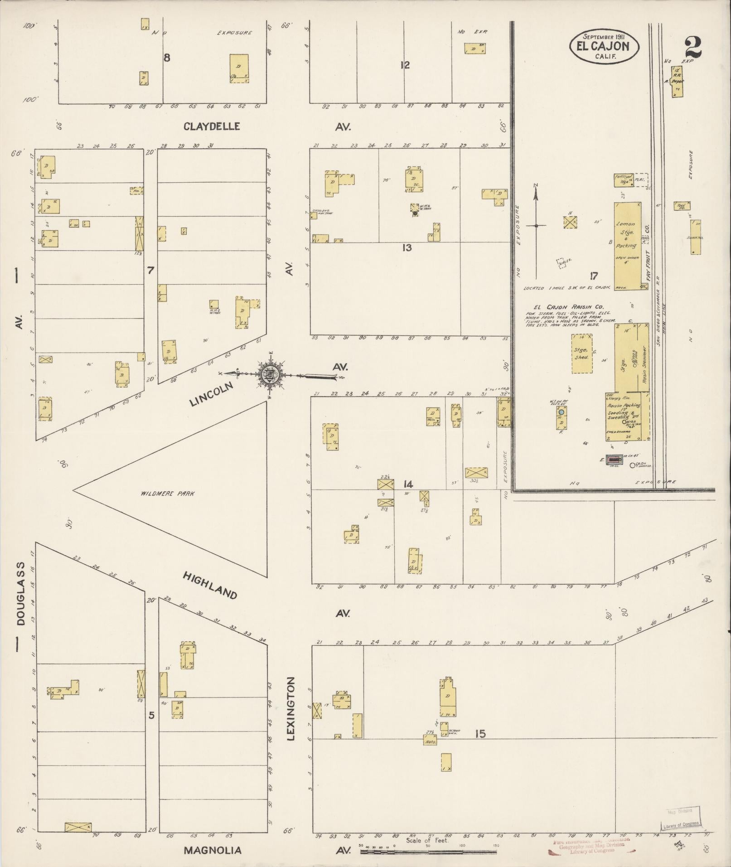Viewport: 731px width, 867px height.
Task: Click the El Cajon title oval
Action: [x=605, y=46]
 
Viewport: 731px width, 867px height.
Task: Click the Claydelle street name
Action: [x=212, y=126]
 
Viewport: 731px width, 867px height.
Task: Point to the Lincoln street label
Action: [x=211, y=393]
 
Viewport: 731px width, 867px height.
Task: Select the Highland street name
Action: [x=210, y=585]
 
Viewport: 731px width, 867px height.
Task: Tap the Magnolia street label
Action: [x=212, y=850]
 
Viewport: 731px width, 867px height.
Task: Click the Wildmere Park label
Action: [x=167, y=494]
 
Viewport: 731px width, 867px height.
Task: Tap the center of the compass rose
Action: [x=268, y=374]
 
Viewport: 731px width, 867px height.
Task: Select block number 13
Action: [x=407, y=247]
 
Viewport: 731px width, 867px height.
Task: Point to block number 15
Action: [x=480, y=733]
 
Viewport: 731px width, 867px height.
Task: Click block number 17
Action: [x=594, y=276]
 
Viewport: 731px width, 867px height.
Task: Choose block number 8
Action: [x=167, y=58]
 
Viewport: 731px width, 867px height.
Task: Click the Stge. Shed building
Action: [x=581, y=354]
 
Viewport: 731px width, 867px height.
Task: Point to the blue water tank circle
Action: [x=562, y=412]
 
